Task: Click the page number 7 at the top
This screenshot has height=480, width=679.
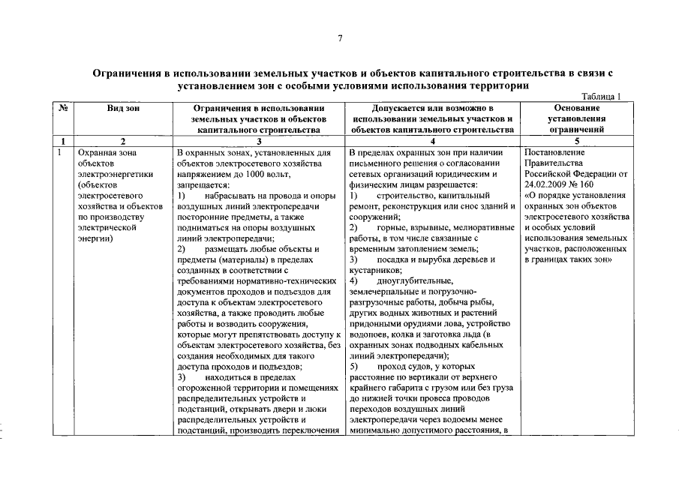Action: pos(339,38)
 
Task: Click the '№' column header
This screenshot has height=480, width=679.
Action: pos(64,108)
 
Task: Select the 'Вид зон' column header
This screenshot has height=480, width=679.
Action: pos(122,108)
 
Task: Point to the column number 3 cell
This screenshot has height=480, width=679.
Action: pos(258,141)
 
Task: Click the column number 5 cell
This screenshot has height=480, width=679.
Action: pos(576,141)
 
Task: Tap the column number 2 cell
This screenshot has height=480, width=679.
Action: pos(122,141)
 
